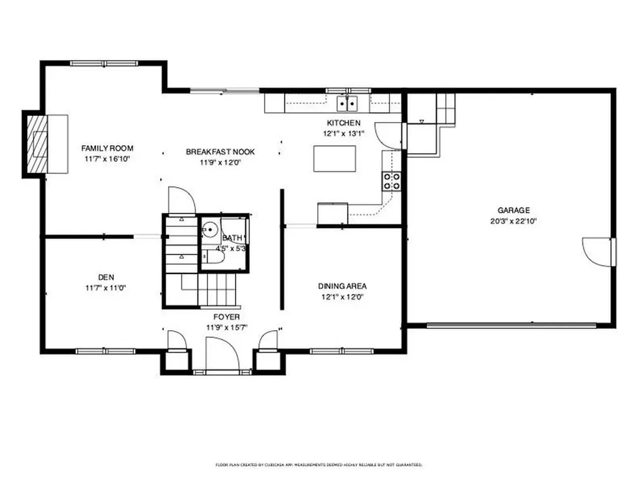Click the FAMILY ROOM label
point(107,148)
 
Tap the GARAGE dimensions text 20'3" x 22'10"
point(513,220)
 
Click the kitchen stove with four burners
point(391,181)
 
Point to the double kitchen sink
point(347,103)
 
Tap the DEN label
point(105,277)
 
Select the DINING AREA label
point(342,286)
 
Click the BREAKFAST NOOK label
point(220,152)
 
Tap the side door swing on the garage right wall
point(597,252)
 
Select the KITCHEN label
point(343,123)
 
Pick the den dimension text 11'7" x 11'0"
point(105,287)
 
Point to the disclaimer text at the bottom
point(319,465)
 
